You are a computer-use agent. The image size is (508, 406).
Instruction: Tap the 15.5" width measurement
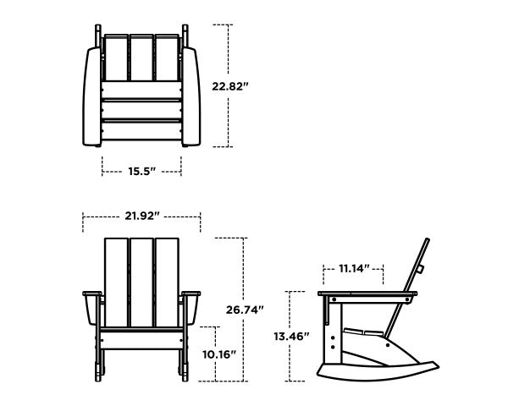pyautogui.click(x=141, y=172)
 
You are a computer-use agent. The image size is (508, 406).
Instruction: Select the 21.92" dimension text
pyautogui.click(x=141, y=217)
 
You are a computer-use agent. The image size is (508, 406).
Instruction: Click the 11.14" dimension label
pyautogui.click(x=354, y=269)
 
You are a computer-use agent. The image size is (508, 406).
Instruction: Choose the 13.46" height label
pyautogui.click(x=291, y=336)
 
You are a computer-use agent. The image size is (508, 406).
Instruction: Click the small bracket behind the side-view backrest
pyautogui.click(x=420, y=269)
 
